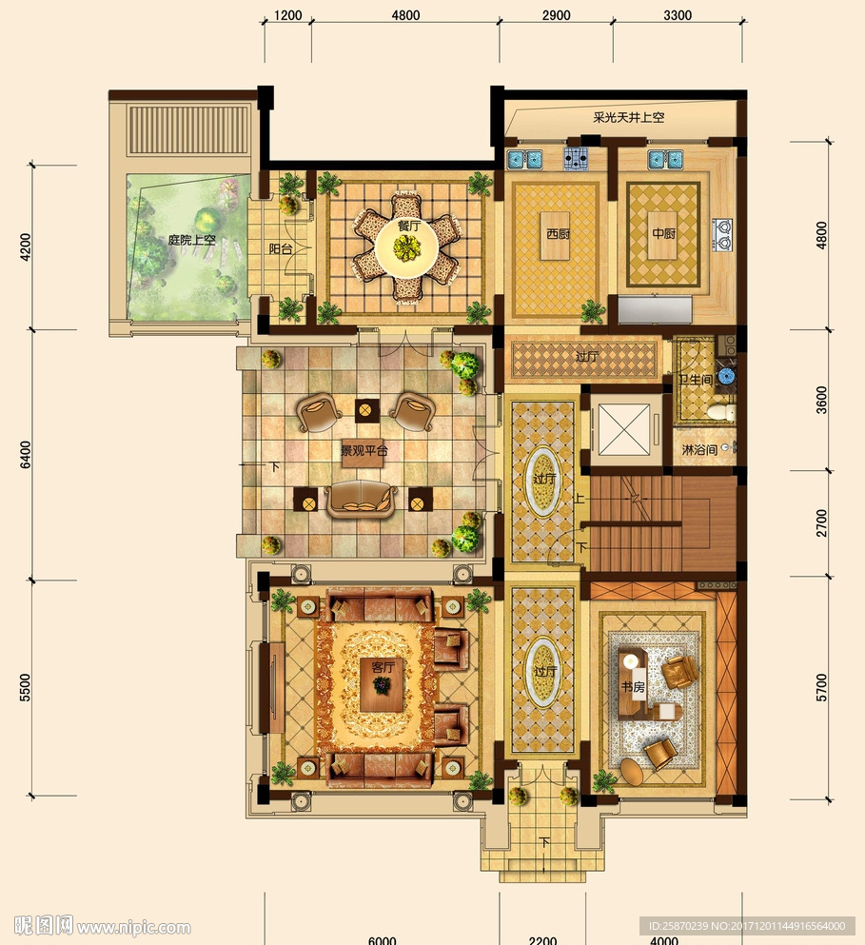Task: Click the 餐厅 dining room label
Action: pos(408,226)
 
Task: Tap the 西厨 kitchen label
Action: pos(558,233)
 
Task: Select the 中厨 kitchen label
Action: pos(663,232)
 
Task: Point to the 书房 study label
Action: pos(633,686)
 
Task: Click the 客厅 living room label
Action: pos(383,666)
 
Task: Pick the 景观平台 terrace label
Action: pos(364,450)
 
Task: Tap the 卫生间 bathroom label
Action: pos(696,380)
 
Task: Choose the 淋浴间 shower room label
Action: pos(699,449)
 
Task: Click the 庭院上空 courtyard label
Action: pos(191,239)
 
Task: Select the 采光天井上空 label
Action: pos(629,117)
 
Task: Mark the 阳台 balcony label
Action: pos(281,248)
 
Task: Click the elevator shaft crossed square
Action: pos(624,430)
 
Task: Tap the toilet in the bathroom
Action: pos(720,412)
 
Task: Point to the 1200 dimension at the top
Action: pos(287,15)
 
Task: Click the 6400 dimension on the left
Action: pos(26,454)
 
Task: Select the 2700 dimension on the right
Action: pos(821,522)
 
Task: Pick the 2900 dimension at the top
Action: pos(556,15)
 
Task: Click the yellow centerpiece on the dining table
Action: pos(407,247)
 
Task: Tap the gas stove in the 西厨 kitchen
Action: pos(576,159)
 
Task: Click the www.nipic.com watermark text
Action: pos(134,927)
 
